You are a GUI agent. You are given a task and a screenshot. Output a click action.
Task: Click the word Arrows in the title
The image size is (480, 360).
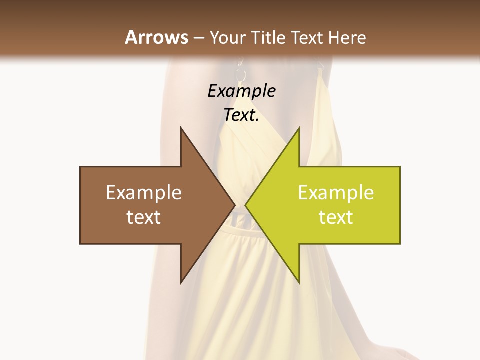pos(157,37)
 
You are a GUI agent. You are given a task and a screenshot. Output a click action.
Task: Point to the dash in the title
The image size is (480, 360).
pos(199,38)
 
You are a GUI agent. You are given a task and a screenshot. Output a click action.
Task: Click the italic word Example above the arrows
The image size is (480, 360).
pos(241,91)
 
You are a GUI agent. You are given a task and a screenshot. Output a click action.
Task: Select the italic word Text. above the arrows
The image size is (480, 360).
pos(241,115)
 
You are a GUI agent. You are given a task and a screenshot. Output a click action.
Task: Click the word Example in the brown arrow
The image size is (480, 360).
pos(144,193)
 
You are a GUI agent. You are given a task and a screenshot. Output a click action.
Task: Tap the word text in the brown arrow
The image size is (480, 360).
pos(144,217)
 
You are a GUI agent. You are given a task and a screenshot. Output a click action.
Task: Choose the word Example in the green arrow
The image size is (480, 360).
pos(336,193)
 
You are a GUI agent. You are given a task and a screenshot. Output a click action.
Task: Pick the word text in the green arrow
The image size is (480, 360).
pos(336,217)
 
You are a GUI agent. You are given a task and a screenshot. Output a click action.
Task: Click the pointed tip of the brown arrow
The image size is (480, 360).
pos(234,205)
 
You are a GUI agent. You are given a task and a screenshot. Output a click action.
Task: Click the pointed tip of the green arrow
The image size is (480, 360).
pos(246,205)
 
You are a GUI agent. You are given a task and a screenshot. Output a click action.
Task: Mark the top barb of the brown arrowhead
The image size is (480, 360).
pos(181,129)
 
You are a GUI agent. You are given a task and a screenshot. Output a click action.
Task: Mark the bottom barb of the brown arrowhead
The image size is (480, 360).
pos(181,282)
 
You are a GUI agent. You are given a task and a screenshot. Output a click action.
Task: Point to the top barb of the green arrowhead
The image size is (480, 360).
pos(298,129)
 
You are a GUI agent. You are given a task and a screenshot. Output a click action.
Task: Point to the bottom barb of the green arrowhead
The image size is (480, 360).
pos(298,282)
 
